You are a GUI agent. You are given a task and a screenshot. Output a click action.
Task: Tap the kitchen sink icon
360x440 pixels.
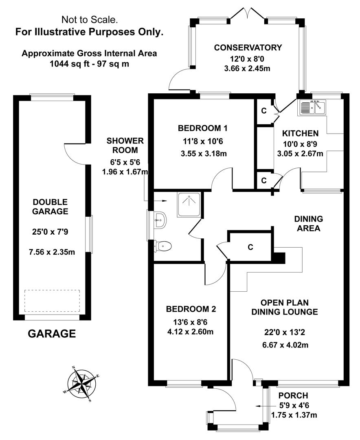tap(312, 108)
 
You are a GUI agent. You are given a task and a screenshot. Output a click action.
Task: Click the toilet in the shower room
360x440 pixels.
tap(164, 246)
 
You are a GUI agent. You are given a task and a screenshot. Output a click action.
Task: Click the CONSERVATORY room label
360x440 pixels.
tap(248, 48)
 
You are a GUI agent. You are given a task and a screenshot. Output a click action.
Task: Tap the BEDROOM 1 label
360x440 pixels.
tap(202, 128)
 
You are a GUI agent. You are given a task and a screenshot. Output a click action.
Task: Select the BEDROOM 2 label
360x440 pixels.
tap(191, 309)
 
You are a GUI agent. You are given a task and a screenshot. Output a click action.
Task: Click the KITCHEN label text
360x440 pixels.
tap(301, 133)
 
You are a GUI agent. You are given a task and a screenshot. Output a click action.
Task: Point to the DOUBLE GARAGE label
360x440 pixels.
tap(50, 207)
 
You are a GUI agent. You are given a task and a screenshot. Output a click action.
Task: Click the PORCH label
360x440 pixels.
tap(293, 396)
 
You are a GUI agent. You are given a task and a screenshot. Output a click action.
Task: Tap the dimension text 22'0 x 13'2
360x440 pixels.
tap(284, 332)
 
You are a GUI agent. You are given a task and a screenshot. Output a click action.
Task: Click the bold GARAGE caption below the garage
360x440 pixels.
tap(52, 334)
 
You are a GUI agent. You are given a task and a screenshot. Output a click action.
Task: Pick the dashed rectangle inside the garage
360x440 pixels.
tap(52, 301)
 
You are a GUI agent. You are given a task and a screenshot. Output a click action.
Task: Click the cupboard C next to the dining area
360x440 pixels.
tap(250, 247)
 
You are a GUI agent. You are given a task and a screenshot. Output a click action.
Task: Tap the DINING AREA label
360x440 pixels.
tap(308, 223)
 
